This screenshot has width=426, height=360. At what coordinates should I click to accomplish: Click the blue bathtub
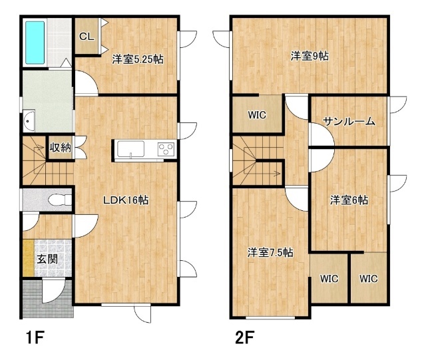35,43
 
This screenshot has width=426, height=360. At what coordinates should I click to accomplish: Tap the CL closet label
87,37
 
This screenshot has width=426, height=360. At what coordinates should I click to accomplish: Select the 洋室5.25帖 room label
138,59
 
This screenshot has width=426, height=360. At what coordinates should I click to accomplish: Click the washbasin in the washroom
29,121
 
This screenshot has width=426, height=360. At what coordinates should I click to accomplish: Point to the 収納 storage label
60,148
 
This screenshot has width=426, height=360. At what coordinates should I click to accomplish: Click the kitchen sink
130,149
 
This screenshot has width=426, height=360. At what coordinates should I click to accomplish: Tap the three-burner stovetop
166,149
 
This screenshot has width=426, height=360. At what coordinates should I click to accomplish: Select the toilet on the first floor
60,200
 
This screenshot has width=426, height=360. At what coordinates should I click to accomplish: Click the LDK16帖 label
126,200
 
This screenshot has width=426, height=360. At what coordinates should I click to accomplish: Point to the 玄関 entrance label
47,259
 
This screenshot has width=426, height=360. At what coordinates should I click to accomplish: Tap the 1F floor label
35,337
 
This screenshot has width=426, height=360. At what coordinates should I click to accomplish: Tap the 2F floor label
244,337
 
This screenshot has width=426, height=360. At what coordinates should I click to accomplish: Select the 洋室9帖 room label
310,57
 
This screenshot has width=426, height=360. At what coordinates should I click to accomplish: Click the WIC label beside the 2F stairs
257,115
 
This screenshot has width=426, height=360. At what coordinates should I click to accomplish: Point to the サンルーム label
349,122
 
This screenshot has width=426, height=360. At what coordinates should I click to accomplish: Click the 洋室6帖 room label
349,200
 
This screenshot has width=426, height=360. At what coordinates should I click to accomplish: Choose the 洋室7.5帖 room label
270,253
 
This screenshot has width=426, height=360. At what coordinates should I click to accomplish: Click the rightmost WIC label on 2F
368,279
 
